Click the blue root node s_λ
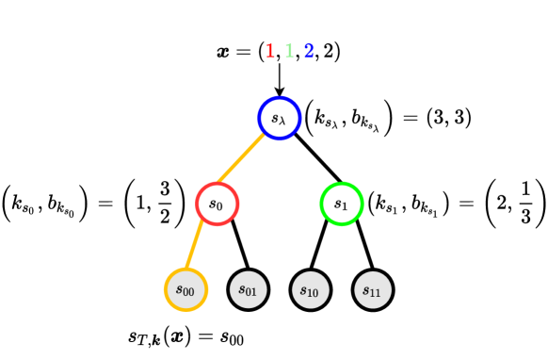(x=279, y=118)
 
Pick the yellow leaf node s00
(x=185, y=288)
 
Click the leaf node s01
(x=248, y=288)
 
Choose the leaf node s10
(x=310, y=288)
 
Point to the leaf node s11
(x=373, y=288)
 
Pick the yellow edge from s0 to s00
(x=200, y=245)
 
